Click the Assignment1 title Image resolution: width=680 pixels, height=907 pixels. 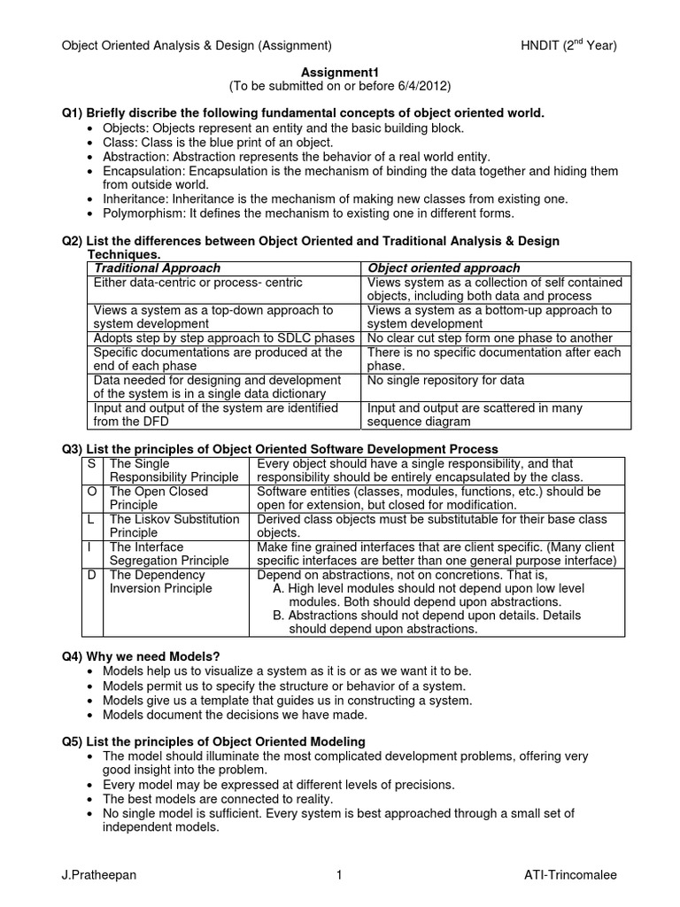339,72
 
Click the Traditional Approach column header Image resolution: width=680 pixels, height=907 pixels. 158,267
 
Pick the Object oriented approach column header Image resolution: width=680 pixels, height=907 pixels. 444,267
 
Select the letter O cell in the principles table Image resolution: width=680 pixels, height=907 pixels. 92,491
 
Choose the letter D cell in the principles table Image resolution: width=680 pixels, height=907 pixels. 92,575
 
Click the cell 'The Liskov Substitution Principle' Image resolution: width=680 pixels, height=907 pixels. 174,526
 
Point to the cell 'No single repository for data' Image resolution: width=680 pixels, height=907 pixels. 445,380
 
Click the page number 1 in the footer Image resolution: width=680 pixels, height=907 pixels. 339,875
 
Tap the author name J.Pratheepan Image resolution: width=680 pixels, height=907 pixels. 97,875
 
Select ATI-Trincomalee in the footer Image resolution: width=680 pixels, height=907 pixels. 570,875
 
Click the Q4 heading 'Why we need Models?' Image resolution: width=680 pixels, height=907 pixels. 155,655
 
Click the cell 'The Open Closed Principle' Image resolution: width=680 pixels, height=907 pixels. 159,498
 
